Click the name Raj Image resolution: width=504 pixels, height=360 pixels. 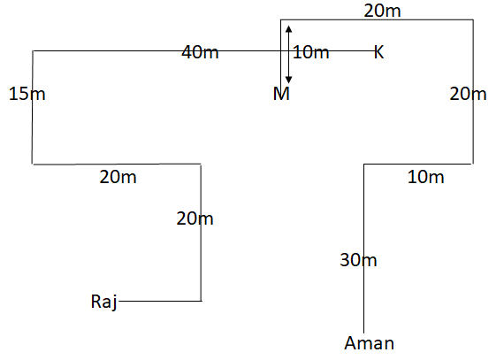104,303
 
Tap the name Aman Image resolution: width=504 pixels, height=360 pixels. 370,343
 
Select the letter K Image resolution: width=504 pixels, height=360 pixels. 379,52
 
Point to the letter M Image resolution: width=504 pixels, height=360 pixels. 281,94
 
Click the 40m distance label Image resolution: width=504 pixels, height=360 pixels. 200,52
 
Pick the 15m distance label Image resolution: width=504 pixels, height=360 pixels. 27,94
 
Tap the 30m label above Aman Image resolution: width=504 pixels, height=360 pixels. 358,260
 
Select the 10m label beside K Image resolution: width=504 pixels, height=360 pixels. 311,52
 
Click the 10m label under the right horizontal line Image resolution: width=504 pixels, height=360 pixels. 426,177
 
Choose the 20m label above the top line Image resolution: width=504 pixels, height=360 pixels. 382,11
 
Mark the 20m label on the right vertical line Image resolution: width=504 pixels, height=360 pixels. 468,94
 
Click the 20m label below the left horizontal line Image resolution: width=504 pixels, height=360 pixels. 118,177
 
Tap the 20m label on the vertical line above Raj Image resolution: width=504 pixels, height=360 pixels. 195,218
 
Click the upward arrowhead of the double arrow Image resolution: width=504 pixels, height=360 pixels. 288,29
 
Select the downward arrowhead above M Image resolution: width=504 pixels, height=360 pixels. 288,80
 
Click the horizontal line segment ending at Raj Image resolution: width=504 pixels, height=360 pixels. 160,301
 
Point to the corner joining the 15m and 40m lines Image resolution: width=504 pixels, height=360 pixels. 33,50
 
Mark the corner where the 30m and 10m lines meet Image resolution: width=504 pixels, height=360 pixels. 364,165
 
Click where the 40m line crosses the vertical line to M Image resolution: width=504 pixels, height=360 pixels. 280,50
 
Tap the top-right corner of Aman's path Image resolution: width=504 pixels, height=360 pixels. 473,20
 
